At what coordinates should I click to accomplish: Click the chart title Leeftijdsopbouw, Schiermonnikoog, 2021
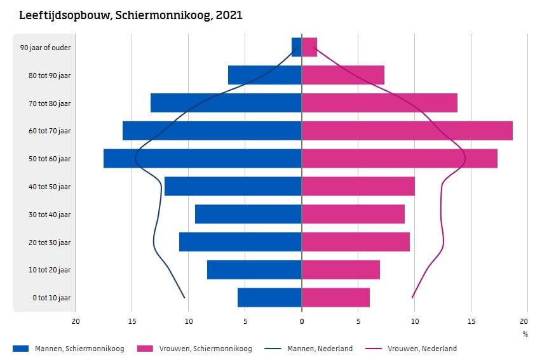(x=131, y=15)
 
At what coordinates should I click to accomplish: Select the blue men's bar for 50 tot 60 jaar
(x=202, y=159)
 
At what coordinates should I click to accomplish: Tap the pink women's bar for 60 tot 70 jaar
(x=407, y=131)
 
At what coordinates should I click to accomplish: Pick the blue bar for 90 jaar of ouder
(x=297, y=47)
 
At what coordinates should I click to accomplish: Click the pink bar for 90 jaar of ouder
(x=309, y=47)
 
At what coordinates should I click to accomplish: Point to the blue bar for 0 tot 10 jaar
(x=269, y=298)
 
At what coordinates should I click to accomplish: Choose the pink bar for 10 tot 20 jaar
(x=341, y=270)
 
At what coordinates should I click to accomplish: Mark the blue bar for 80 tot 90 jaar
(x=264, y=75)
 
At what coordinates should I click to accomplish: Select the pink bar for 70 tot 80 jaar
(x=379, y=103)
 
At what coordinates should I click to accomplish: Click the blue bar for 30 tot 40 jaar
(x=248, y=214)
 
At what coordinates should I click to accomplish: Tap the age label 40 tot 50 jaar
(x=45, y=187)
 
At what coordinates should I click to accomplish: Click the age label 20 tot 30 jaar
(x=45, y=243)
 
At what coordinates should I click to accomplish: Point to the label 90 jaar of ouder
(x=45, y=48)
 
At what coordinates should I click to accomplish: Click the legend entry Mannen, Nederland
(x=320, y=349)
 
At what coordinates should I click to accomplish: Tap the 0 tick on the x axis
(x=301, y=321)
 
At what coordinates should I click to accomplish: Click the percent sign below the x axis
(x=525, y=334)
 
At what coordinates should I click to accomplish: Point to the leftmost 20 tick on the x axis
(x=76, y=321)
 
